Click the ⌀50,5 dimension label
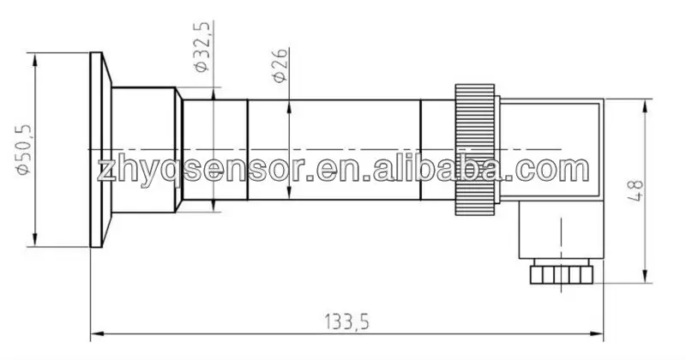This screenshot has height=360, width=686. (25, 150)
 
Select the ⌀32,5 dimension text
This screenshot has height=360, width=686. (203, 46)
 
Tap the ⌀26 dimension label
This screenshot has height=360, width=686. (280, 65)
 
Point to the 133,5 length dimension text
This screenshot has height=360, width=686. (346, 321)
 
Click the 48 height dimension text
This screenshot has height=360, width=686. (635, 190)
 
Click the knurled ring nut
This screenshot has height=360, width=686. (475, 150)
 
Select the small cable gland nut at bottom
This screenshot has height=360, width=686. (562, 274)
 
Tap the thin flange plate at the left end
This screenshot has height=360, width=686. (96, 150)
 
